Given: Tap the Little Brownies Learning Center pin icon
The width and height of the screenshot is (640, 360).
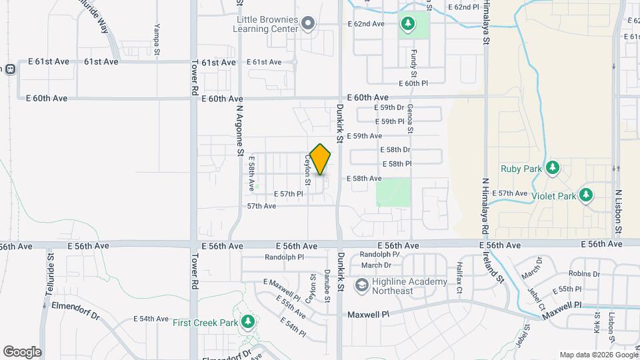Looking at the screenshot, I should pos(308,25).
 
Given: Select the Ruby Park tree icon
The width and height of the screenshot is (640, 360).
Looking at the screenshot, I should pos(552,168).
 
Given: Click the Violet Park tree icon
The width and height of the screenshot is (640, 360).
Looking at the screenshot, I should pos(586,195).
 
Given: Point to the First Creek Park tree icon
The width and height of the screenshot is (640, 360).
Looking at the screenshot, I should pos(248,323).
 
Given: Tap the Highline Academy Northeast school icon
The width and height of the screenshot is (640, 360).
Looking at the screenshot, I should pos(362,286).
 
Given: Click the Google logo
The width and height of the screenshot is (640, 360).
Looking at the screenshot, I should pos(22,351).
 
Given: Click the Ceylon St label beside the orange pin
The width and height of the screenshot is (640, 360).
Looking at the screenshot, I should pos(308,171).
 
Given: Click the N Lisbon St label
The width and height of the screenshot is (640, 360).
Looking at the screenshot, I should pos(619,211).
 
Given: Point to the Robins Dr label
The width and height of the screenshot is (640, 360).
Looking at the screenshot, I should pos(585,274).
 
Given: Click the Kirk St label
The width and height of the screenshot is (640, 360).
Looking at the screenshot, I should pos(597,323).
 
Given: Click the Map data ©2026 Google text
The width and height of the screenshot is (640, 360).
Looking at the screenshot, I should pos(598,355).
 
